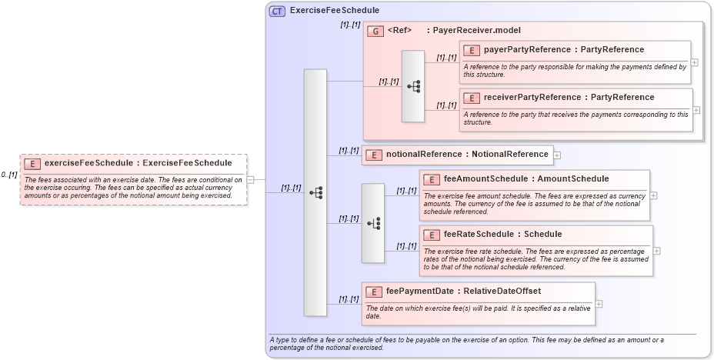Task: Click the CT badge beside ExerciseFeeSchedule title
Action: click(x=277, y=11)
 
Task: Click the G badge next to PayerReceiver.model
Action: click(x=375, y=31)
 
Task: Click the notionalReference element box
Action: click(x=457, y=155)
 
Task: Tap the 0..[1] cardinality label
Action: click(x=9, y=175)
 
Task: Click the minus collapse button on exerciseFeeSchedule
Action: click(x=250, y=179)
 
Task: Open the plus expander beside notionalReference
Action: click(x=557, y=155)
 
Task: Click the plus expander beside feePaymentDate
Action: click(x=599, y=304)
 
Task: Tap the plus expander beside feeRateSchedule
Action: click(x=656, y=251)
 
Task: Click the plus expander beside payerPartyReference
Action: click(x=696, y=62)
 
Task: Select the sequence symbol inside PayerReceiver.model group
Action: click(x=413, y=86)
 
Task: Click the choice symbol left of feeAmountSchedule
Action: click(x=373, y=223)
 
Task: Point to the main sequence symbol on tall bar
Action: click(x=315, y=193)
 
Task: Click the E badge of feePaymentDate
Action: click(x=373, y=292)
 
